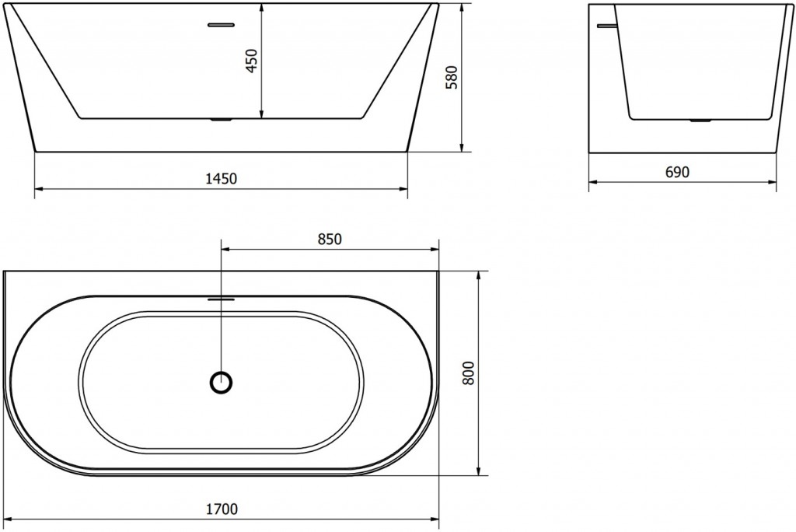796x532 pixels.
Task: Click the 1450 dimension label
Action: pyautogui.click(x=221, y=179)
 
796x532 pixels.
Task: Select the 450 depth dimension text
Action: pyautogui.click(x=251, y=61)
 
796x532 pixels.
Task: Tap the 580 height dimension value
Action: pyautogui.click(x=452, y=78)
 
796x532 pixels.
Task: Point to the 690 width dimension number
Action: pyautogui.click(x=677, y=173)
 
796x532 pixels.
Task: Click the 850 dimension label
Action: pyautogui.click(x=330, y=240)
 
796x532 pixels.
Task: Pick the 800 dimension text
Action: pyautogui.click(x=468, y=373)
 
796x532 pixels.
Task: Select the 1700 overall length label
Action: pyautogui.click(x=222, y=509)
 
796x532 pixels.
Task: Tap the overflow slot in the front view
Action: pyautogui.click(x=221, y=24)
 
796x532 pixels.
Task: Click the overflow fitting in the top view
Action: pyautogui.click(x=222, y=297)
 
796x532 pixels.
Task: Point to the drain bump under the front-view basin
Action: pyautogui.click(x=222, y=120)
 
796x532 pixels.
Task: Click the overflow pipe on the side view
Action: pyautogui.click(x=605, y=25)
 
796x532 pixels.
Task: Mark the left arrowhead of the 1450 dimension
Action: pyautogui.click(x=39, y=188)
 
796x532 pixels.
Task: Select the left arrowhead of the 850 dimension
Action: pyautogui.click(x=226, y=250)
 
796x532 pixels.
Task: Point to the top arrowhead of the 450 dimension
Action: pyautogui.click(x=261, y=8)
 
